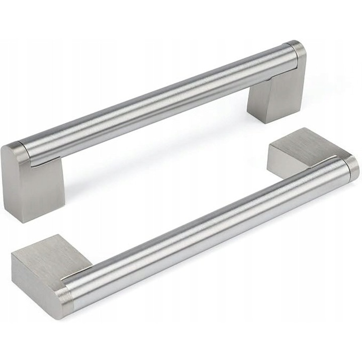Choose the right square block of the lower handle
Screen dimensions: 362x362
point(297,151)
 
